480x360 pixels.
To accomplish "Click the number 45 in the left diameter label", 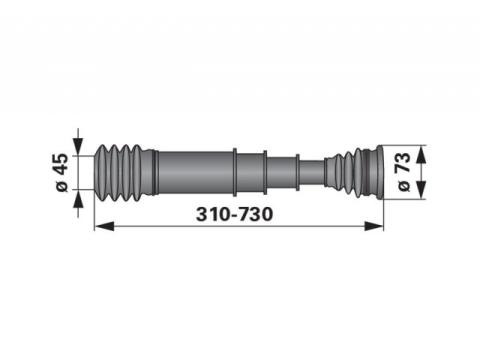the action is click(x=62, y=164).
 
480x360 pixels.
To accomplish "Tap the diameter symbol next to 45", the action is click(x=62, y=186).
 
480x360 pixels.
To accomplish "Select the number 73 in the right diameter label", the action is click(x=403, y=162).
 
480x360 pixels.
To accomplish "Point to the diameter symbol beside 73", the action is click(x=404, y=185).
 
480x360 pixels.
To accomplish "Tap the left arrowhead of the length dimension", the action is click(x=104, y=227).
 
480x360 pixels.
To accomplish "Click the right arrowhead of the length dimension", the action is click(x=374, y=226).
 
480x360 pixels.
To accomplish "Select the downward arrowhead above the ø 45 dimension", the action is click(x=78, y=146).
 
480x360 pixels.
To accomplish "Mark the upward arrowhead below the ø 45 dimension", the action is click(x=78, y=199).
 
